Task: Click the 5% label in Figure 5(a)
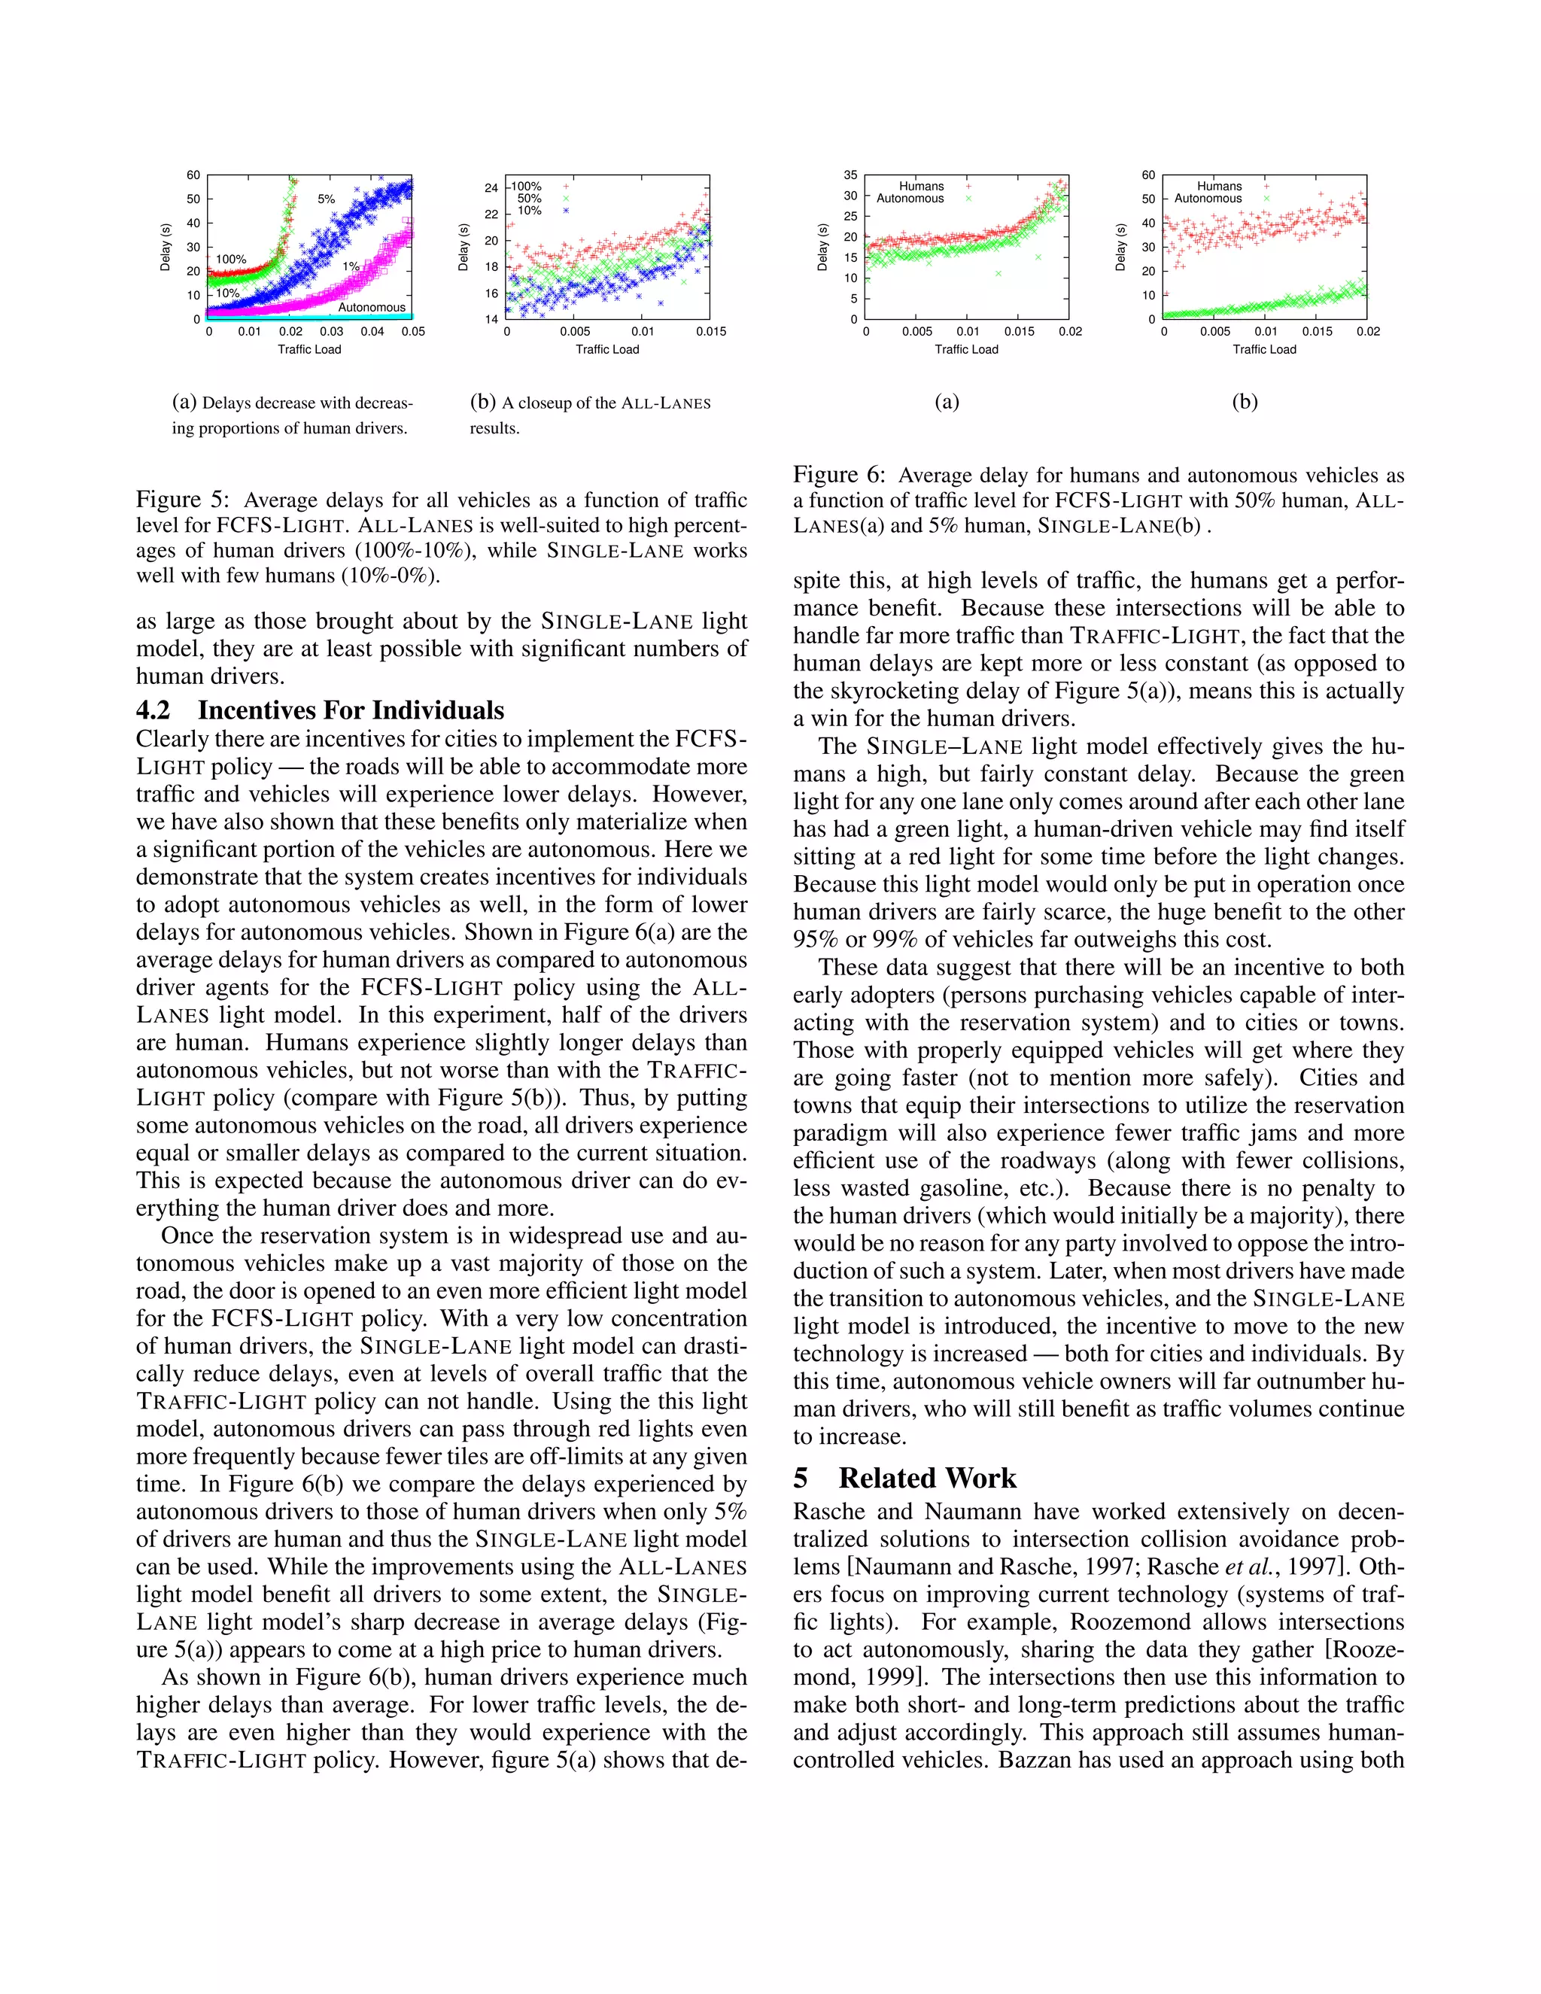pyautogui.click(x=326, y=199)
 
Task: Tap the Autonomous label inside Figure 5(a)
pyautogui.click(x=372, y=308)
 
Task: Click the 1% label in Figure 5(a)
pyautogui.click(x=351, y=266)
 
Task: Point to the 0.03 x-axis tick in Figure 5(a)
pyautogui.click(x=331, y=331)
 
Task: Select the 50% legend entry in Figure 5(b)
pyautogui.click(x=530, y=198)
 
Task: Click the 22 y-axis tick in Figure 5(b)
pyautogui.click(x=491, y=214)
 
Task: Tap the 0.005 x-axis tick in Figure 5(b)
pyautogui.click(x=575, y=331)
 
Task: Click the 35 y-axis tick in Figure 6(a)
pyautogui.click(x=850, y=175)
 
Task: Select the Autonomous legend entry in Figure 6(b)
pyautogui.click(x=1208, y=198)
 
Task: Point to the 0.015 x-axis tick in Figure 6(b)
pyautogui.click(x=1317, y=331)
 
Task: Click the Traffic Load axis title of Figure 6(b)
pyautogui.click(x=1263, y=350)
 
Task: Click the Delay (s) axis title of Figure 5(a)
pyautogui.click(x=166, y=247)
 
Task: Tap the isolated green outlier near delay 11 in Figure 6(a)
pyautogui.click(x=998, y=273)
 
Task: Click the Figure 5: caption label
pyautogui.click(x=181, y=500)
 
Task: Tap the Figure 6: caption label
pyautogui.click(x=838, y=476)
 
